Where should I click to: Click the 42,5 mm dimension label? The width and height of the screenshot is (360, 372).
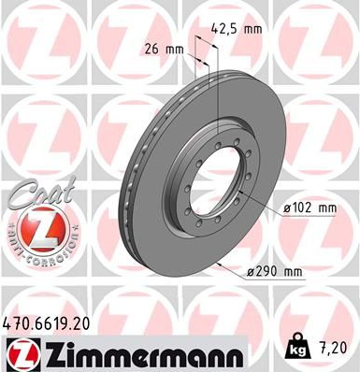pyautogui.click(x=237, y=29)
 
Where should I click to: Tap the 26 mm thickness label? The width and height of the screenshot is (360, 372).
pyautogui.click(x=165, y=50)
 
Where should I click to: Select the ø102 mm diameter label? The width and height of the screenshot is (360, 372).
pyautogui.click(x=310, y=207)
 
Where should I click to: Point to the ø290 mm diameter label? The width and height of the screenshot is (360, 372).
pyautogui.click(x=275, y=272)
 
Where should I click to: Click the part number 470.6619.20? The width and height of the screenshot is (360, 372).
pyautogui.click(x=46, y=324)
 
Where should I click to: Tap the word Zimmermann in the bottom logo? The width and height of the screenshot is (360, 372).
pyautogui.click(x=142, y=354)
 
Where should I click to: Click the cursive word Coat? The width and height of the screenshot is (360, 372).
pyautogui.click(x=42, y=193)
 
